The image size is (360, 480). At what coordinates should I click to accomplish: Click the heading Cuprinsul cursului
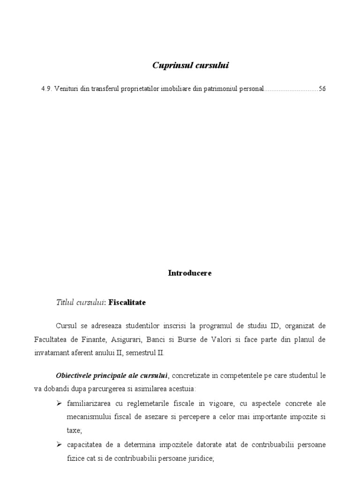pos(190,66)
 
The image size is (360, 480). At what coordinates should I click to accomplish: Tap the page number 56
pos(322,89)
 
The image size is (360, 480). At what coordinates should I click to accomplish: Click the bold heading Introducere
pos(190,273)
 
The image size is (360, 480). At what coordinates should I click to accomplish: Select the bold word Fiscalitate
pos(127,303)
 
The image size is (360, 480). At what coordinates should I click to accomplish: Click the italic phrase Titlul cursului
pos(80,303)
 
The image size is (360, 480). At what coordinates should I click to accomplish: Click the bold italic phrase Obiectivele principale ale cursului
pos(112,376)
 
